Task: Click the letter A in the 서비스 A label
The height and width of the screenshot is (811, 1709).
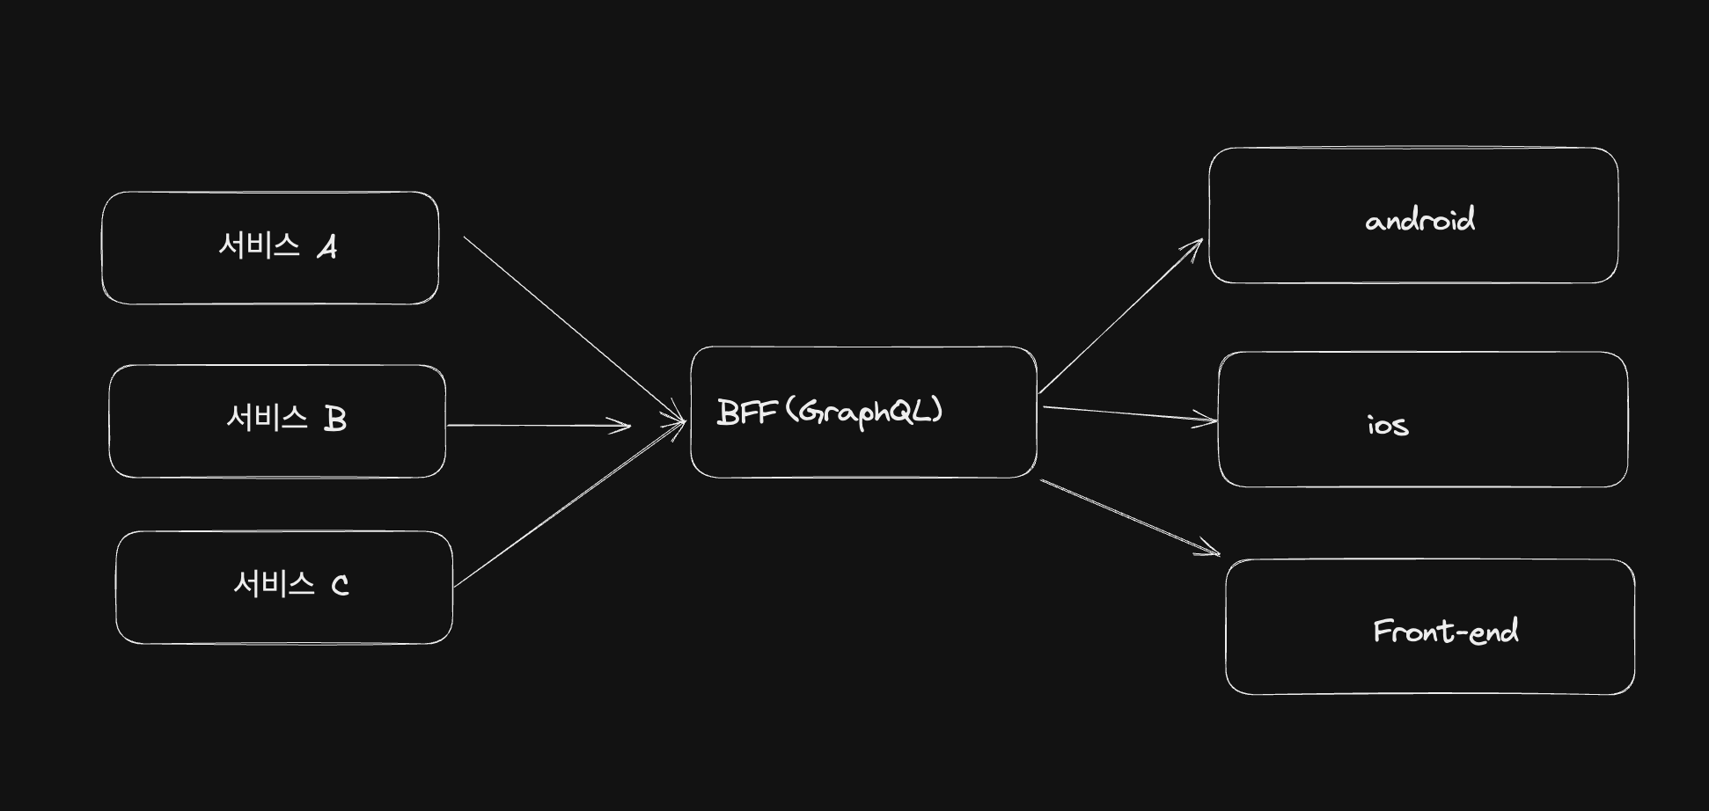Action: tap(327, 248)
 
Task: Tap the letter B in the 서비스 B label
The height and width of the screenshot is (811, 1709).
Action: tap(335, 420)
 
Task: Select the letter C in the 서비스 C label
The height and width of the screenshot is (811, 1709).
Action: tap(340, 586)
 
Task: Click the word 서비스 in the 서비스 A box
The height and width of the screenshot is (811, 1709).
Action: tap(259, 245)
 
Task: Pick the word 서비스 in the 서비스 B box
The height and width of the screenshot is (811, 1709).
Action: tap(267, 417)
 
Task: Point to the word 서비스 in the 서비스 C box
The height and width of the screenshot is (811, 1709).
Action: tap(274, 583)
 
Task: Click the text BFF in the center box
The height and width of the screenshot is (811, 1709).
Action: tap(746, 413)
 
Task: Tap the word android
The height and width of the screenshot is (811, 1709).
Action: tap(1419, 219)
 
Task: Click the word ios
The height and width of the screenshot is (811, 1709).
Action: tap(1388, 426)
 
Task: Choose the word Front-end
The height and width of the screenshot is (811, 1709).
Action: tap(1445, 632)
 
